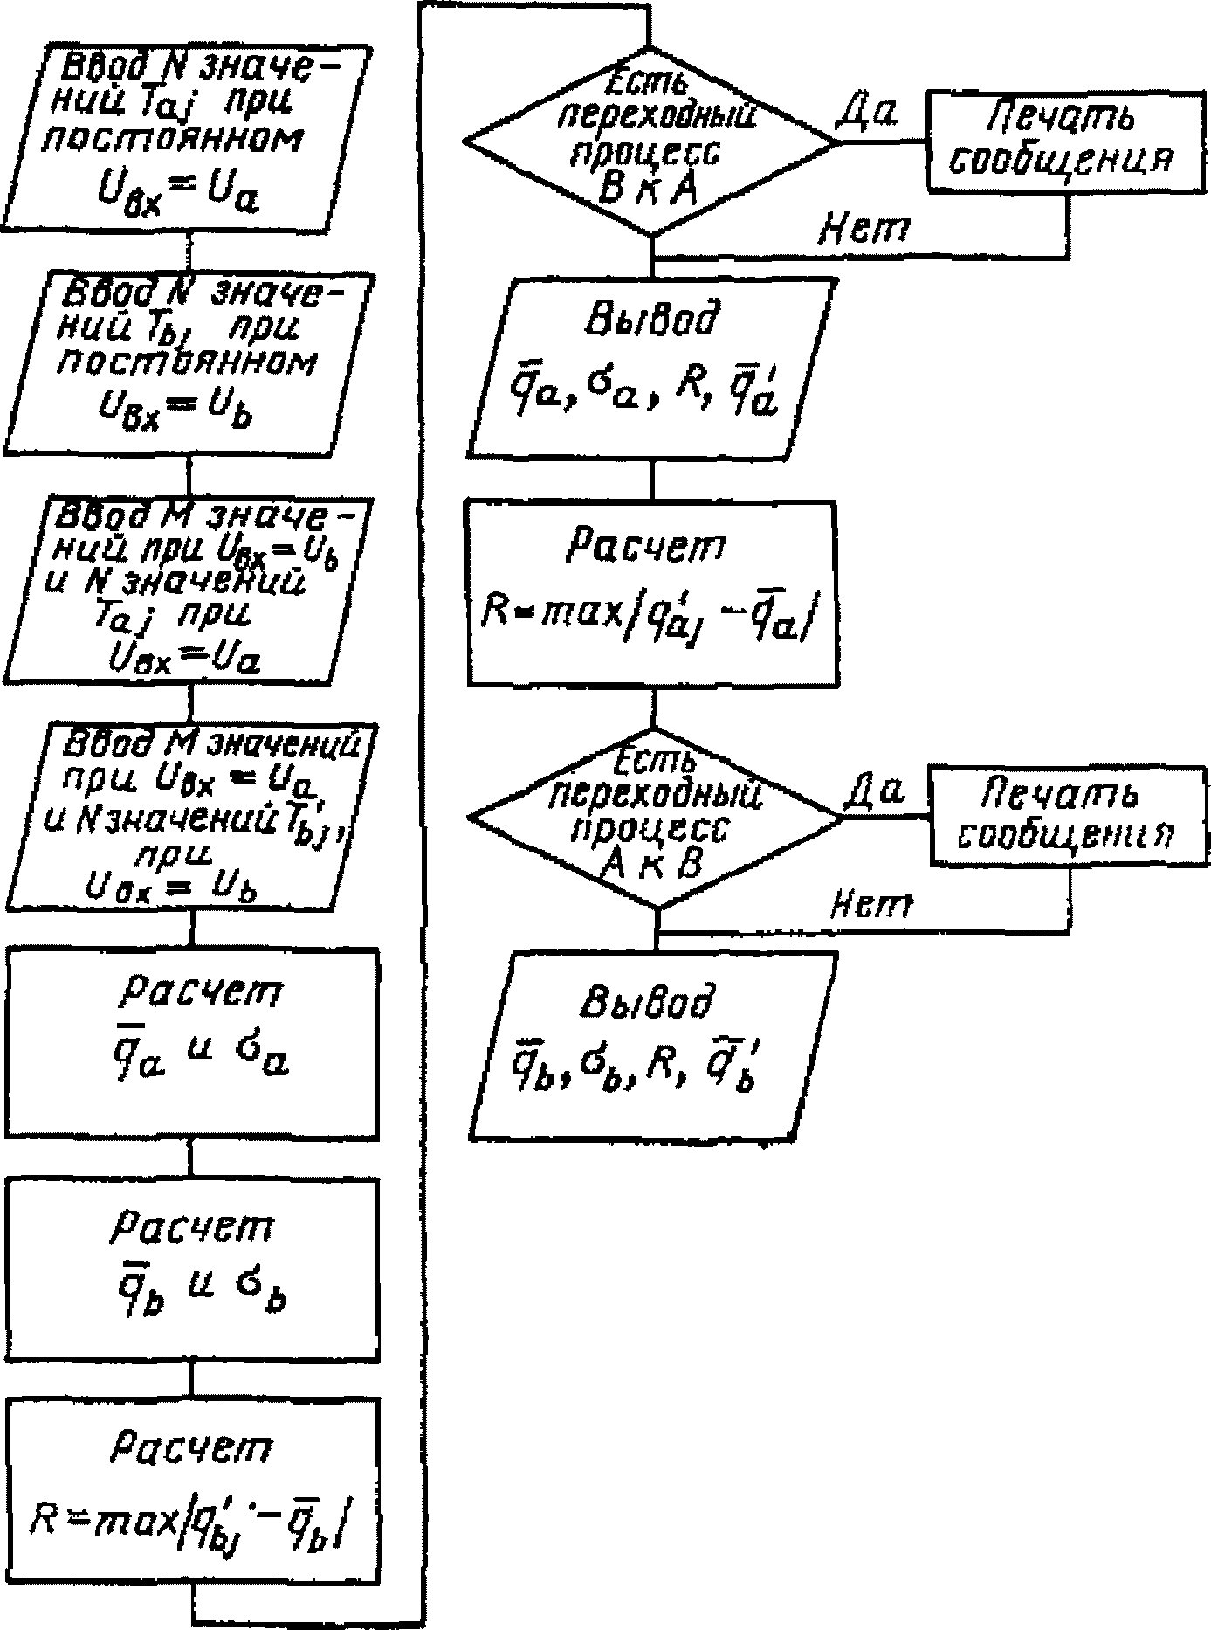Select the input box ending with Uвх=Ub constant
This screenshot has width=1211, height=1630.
pos(189,362)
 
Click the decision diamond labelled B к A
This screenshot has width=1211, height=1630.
pos(650,140)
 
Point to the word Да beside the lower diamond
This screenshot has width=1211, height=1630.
pos(874,791)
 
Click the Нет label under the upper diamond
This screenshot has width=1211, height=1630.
pos(864,229)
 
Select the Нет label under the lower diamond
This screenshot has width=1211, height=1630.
pos(870,906)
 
